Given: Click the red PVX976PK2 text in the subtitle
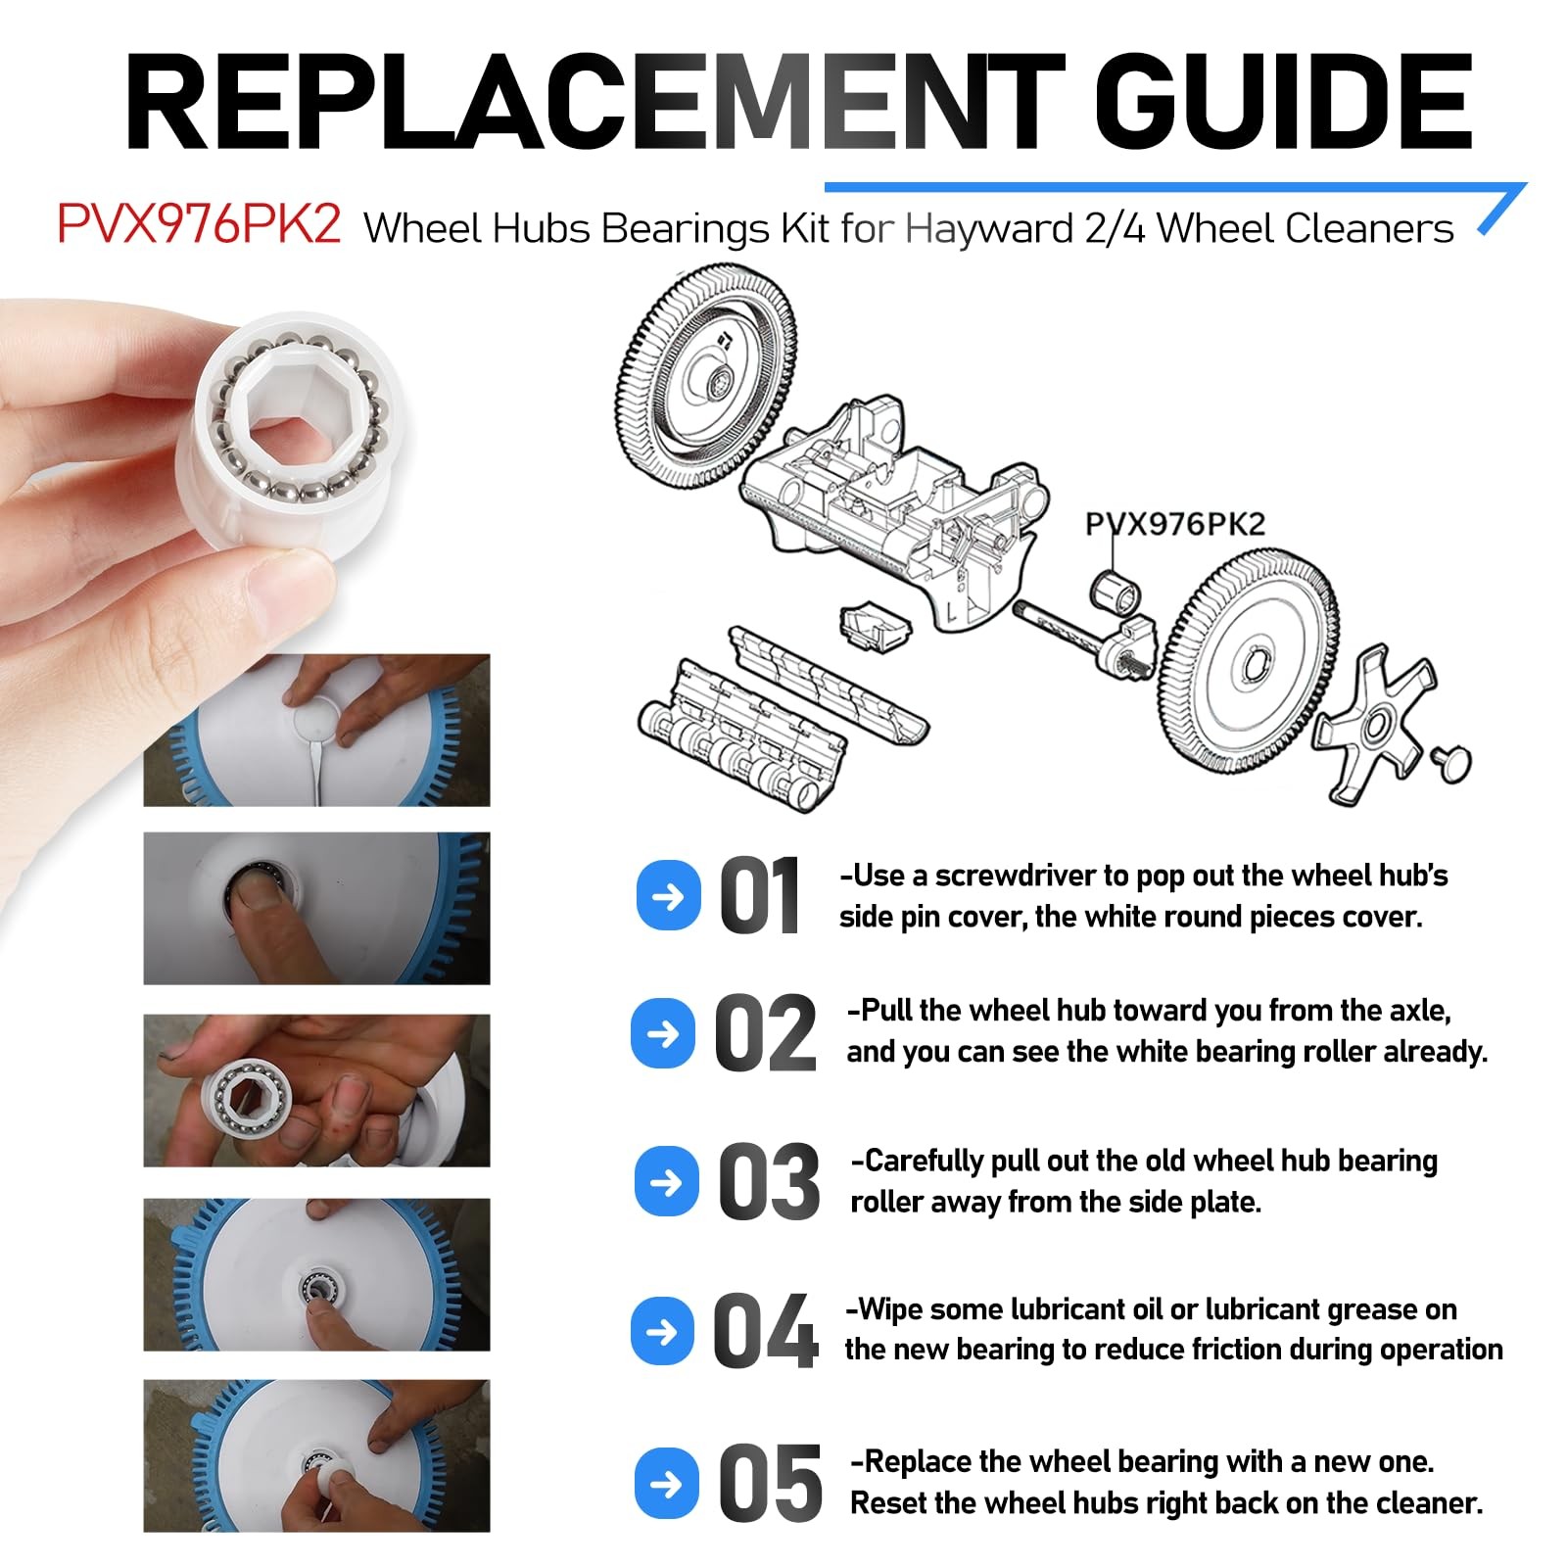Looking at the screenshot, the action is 199,225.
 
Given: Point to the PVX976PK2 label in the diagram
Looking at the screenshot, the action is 1175,524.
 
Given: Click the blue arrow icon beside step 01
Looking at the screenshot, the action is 669,895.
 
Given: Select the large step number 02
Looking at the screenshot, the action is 765,1033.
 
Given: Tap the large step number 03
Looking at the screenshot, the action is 769,1182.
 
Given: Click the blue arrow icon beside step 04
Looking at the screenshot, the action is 664,1331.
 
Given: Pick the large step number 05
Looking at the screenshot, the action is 771,1484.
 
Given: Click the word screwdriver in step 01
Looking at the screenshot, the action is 1018,876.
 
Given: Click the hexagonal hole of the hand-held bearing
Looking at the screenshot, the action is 291,413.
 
